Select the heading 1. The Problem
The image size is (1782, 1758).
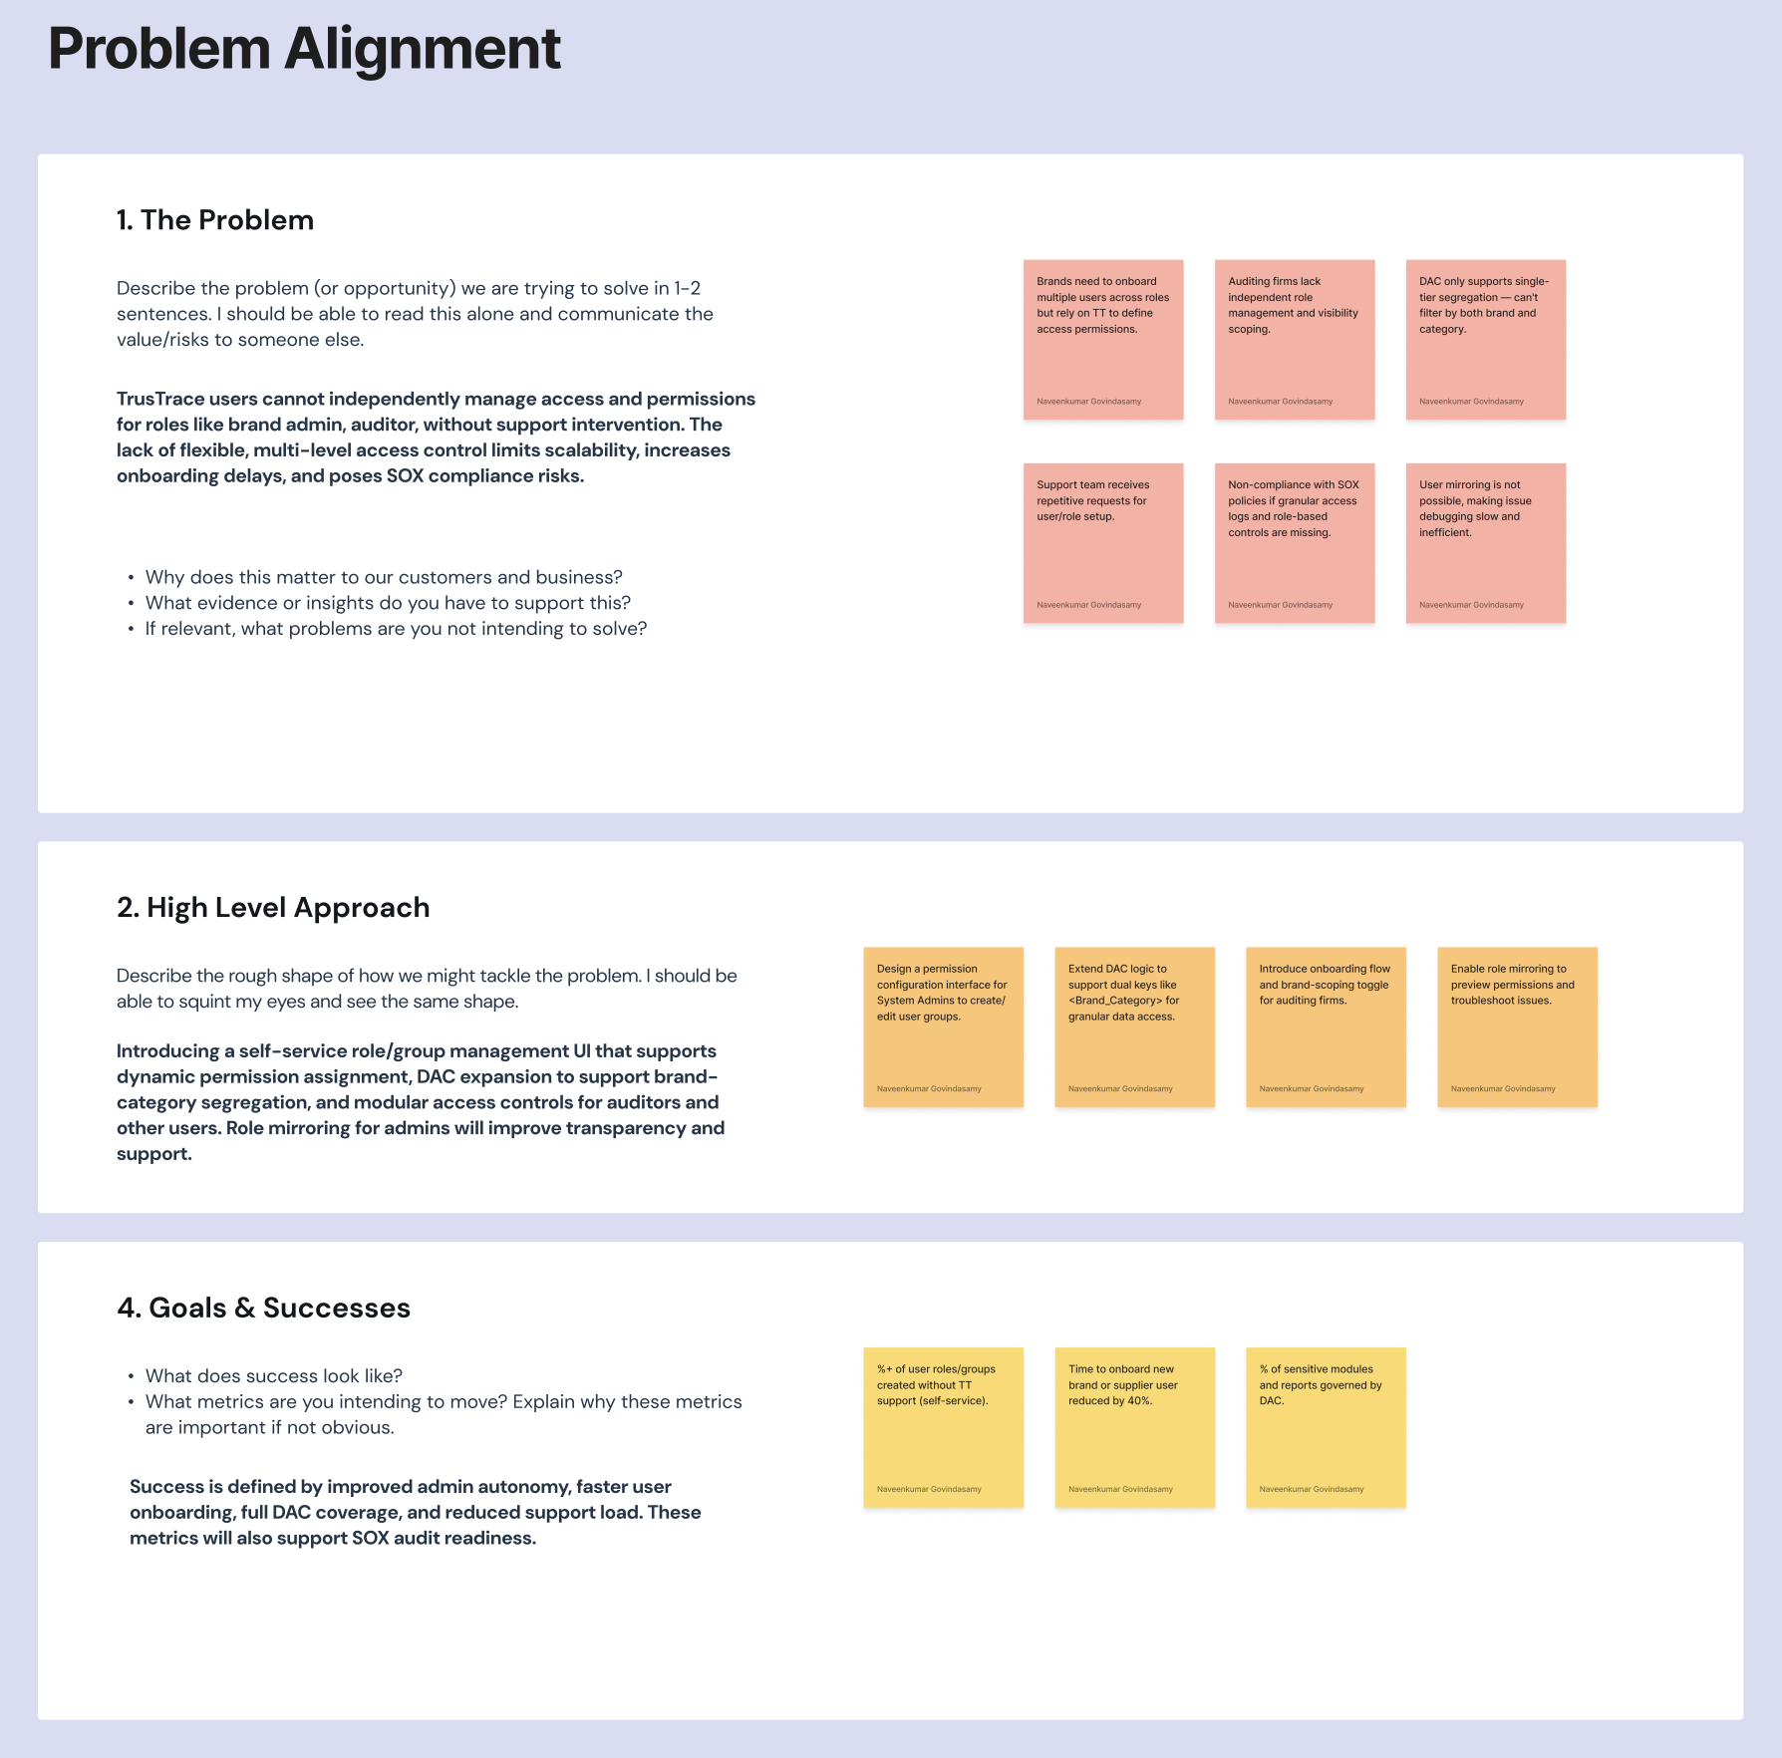215,220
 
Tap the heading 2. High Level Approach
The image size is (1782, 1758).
273,908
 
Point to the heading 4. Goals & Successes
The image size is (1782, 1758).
264,1309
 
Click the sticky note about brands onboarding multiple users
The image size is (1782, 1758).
1103,340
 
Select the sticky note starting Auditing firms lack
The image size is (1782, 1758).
1295,340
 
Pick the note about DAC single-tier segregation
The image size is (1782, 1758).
1486,340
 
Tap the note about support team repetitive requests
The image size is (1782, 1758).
1103,543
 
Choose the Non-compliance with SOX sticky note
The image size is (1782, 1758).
1295,543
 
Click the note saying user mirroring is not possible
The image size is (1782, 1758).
1486,543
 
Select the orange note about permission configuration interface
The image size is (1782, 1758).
943,1026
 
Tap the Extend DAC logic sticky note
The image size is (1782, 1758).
1134,1026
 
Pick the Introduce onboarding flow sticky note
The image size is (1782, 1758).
1326,1026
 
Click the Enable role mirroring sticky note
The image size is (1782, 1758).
1517,1026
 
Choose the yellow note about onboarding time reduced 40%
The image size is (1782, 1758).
1134,1427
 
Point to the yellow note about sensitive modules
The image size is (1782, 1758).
1326,1427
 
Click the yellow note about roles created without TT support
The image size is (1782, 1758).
943,1427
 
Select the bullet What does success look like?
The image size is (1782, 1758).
274,1376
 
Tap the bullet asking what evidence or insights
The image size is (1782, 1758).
388,603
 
